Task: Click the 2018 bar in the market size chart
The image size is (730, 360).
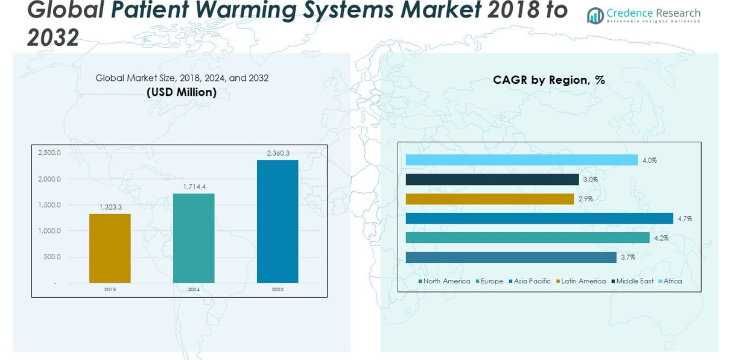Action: click(x=110, y=248)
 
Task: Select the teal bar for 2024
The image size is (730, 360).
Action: click(x=194, y=238)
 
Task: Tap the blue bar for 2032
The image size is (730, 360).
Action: click(x=278, y=221)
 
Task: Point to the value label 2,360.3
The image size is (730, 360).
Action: click(x=278, y=153)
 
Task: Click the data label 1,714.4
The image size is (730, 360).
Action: click(x=194, y=187)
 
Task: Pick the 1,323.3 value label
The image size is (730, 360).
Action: click(x=110, y=207)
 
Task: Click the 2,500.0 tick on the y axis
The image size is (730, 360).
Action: click(x=49, y=153)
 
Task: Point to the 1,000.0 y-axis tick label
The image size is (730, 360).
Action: click(x=49, y=231)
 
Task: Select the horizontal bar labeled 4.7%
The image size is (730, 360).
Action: click(x=539, y=218)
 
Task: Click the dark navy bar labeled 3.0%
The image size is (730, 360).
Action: click(x=492, y=180)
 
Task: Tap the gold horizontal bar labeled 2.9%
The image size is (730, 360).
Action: click(x=489, y=199)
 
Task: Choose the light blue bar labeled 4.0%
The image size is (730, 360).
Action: click(x=521, y=160)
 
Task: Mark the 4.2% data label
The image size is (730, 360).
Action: click(x=661, y=238)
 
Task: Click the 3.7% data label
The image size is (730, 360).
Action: click(x=628, y=257)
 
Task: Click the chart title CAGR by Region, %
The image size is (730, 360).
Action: click(x=548, y=80)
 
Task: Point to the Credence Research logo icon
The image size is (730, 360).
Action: click(x=595, y=16)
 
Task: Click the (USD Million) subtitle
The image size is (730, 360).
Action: click(x=182, y=92)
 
